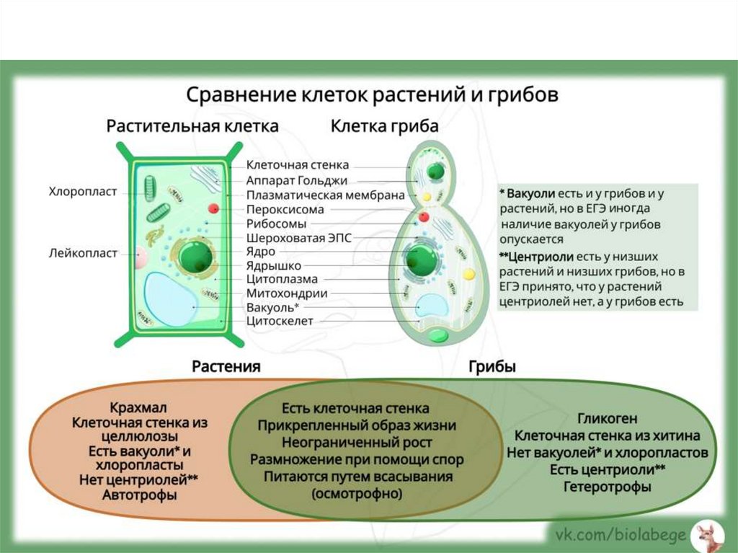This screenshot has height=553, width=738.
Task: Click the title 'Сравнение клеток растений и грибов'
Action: pos(372,95)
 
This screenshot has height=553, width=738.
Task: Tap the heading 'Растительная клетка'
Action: pos(192,127)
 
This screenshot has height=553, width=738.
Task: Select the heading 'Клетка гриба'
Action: pos(384,127)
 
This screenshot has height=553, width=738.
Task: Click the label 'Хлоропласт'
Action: pos(83,193)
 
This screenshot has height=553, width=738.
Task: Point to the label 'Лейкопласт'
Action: pos(83,253)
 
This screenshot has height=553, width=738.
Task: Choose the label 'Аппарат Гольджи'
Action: pos(297,180)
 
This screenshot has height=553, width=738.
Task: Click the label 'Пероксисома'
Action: pos(285,210)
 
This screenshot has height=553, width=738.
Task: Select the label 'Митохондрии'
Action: pos(287,293)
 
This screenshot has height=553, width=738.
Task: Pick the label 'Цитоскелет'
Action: pos(280,321)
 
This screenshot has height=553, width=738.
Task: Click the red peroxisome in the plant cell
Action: pos(213,209)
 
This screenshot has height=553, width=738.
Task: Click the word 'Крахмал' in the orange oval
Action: pos(139,407)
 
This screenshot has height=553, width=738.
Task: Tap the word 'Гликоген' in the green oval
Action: pos(607,419)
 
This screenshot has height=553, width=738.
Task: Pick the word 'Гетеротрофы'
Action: pos(607,487)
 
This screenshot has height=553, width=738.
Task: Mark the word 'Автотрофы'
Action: pos(139,495)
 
